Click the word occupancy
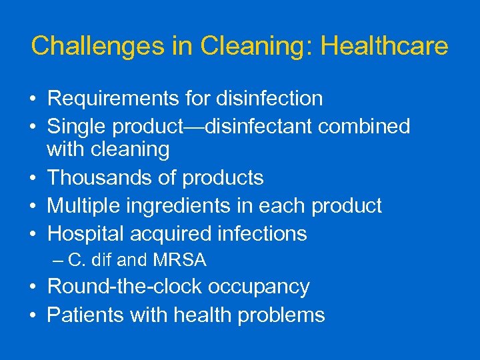pos(259,287)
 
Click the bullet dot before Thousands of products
pos(33,179)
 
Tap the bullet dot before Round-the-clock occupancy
pos(33,287)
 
